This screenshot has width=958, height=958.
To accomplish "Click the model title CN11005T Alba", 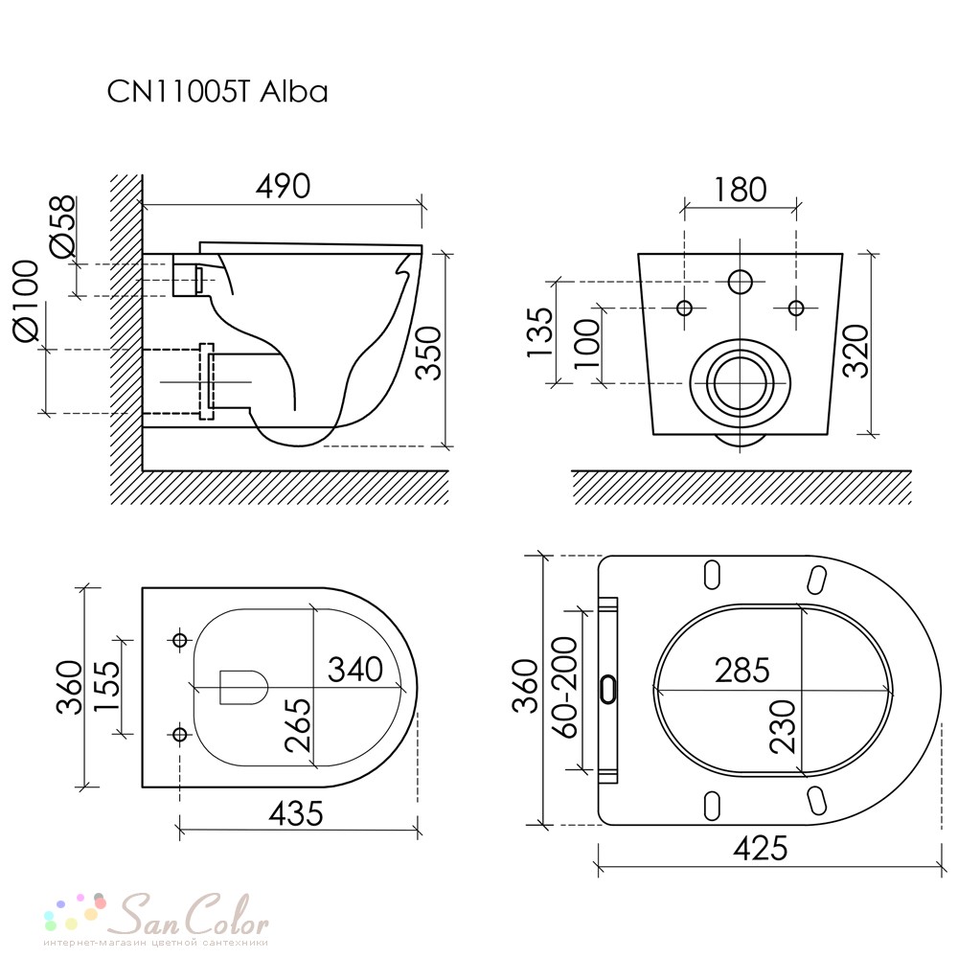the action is pos(217,92).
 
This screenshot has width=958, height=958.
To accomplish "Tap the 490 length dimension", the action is pos(283,187).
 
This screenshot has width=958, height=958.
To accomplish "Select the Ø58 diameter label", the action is pos(63,225).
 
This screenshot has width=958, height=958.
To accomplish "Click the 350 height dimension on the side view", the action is pos(428,354).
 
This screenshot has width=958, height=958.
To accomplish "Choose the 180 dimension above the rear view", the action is pos(740,190).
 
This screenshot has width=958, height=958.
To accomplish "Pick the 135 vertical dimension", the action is pos(540,332).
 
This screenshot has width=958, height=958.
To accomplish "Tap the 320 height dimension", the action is pos(855,352).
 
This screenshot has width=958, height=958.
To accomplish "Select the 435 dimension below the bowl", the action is pos(296,813).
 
